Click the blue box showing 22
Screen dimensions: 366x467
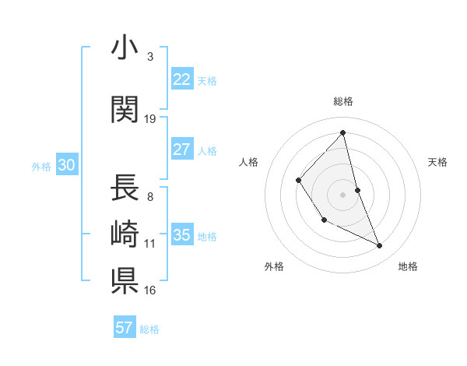182,79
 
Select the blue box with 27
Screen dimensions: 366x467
182,150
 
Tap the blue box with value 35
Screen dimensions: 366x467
182,235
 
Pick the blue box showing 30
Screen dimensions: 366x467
66,164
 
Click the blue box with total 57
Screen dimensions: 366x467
125,328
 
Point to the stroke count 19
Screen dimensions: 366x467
150,119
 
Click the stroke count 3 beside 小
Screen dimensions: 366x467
150,56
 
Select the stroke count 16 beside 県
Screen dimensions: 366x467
150,290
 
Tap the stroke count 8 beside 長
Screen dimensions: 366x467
150,197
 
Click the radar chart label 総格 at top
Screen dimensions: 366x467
343,101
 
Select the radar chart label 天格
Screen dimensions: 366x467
438,162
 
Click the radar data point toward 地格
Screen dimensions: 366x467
380,246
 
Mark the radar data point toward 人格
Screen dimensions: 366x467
299,181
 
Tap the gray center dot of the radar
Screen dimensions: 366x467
342,194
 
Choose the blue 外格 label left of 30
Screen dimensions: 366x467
41,165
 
